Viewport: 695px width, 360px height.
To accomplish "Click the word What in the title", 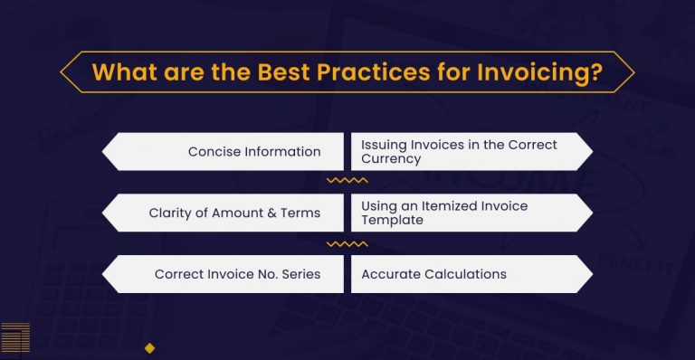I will coord(121,71).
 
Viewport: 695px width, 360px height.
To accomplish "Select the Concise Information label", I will coord(254,151).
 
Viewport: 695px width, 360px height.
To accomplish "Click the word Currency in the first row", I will coord(391,158).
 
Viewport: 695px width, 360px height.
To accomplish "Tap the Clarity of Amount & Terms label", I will coord(234,213).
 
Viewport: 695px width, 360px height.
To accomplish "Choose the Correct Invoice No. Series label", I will coord(237,274).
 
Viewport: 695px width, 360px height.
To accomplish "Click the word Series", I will coord(300,274).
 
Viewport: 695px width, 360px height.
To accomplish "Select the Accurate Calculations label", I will coord(433,274).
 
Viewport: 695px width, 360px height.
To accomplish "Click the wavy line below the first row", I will coord(347,181).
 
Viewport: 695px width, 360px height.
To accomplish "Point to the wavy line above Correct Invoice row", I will coord(347,243).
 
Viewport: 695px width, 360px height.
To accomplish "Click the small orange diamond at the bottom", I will coord(150,347).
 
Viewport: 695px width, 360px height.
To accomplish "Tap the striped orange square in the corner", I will coord(15,336).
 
